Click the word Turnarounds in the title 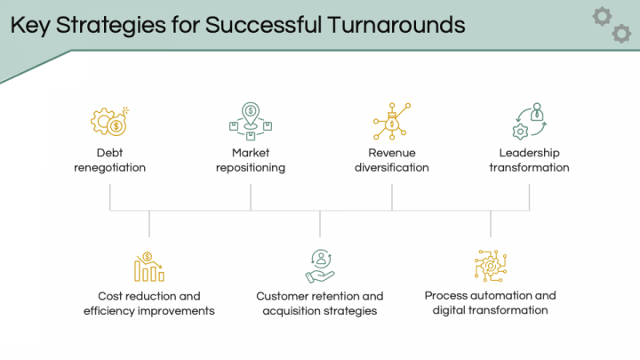click(x=396, y=25)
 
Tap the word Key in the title click(x=30, y=26)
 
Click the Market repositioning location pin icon click(x=251, y=121)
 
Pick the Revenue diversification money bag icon click(x=392, y=121)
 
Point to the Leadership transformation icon click(x=530, y=121)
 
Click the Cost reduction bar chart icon click(x=149, y=267)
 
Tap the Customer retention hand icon click(x=320, y=266)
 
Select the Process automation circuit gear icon click(x=491, y=266)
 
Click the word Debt click(x=110, y=153)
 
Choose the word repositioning click(x=251, y=168)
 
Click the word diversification click(x=392, y=167)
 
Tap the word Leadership click(x=530, y=153)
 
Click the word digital click(x=449, y=310)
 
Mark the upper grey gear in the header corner click(x=602, y=17)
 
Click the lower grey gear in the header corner click(x=621, y=34)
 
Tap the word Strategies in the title click(x=110, y=26)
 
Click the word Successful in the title click(x=263, y=25)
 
